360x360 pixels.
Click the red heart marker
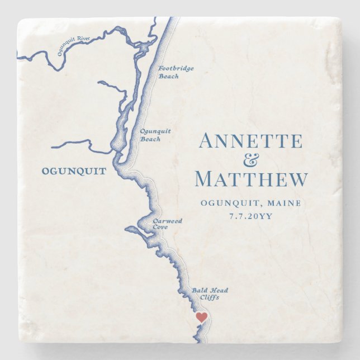(x=201, y=317)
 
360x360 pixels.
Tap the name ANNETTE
(x=250, y=141)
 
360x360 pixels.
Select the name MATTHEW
(x=251, y=179)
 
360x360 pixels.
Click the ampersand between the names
(x=252, y=160)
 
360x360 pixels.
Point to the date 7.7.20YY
(x=250, y=216)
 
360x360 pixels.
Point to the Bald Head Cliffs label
(x=209, y=293)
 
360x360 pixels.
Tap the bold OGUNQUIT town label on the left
(x=74, y=172)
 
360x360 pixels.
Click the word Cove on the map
(x=160, y=228)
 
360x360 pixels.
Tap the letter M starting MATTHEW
(x=205, y=179)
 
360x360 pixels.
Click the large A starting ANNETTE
(x=207, y=141)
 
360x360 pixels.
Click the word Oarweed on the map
(x=167, y=221)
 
